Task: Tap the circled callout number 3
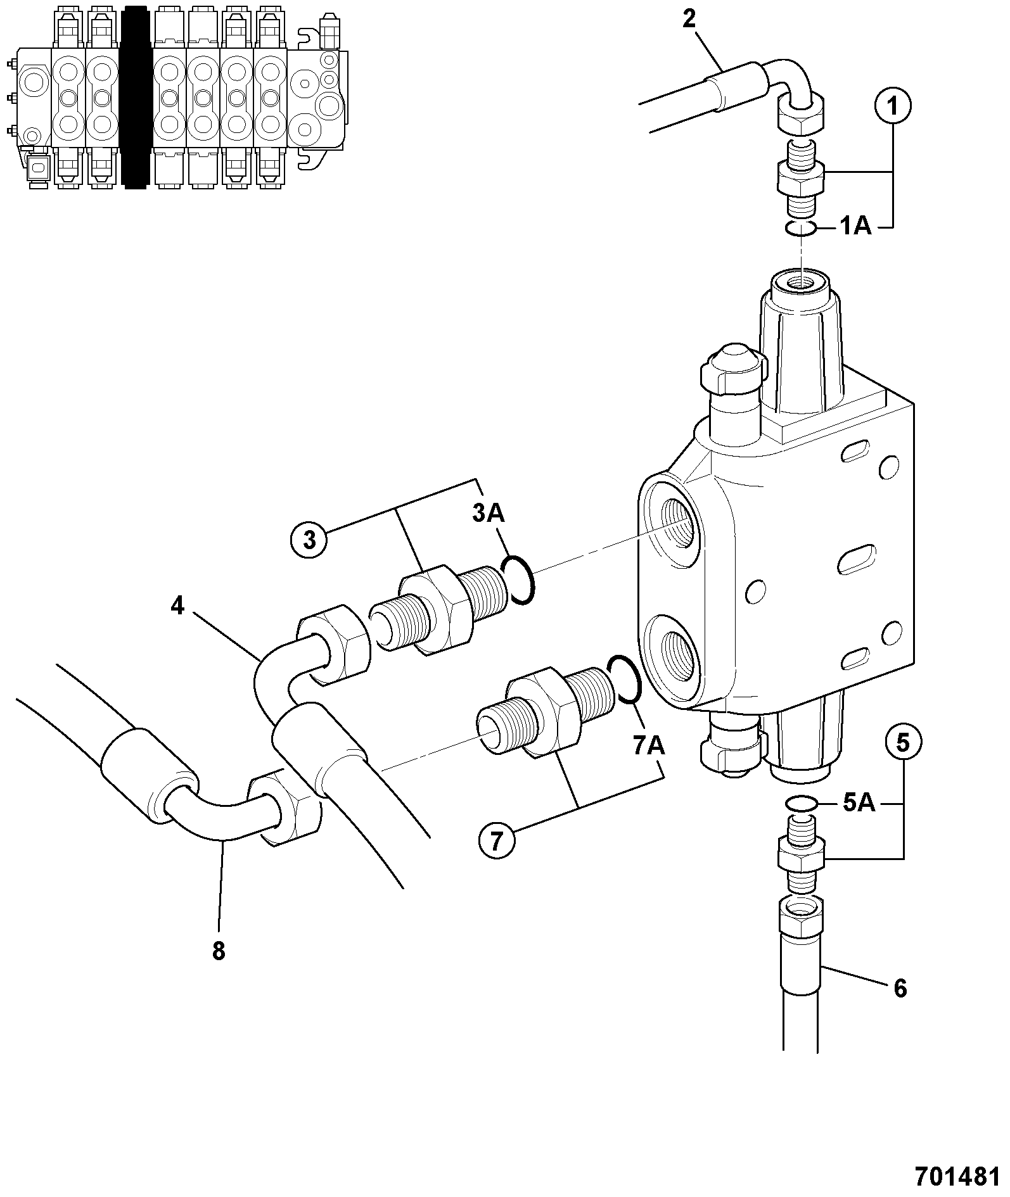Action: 309,540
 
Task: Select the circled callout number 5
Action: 903,742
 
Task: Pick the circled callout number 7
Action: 496,840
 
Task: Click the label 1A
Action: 855,225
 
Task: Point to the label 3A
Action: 489,513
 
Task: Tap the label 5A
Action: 859,803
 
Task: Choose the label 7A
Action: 648,746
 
